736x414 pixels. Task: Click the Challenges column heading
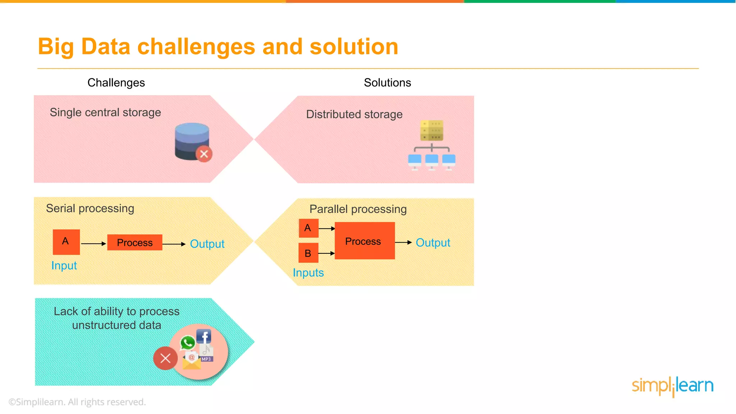(116, 83)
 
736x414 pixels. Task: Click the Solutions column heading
(387, 83)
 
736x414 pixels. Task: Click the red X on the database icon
(204, 154)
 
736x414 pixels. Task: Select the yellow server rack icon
(432, 130)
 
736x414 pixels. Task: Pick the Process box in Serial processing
(135, 243)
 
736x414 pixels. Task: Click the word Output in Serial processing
(207, 244)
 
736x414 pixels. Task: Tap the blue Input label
(64, 266)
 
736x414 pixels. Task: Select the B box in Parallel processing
(308, 253)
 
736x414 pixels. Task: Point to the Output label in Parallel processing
(433, 243)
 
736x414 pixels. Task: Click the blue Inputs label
(308, 273)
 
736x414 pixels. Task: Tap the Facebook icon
(204, 337)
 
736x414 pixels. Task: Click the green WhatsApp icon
(188, 342)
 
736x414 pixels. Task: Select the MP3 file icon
(206, 353)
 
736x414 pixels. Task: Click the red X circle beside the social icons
(165, 358)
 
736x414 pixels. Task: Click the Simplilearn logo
(672, 386)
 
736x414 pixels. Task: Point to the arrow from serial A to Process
(93, 244)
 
